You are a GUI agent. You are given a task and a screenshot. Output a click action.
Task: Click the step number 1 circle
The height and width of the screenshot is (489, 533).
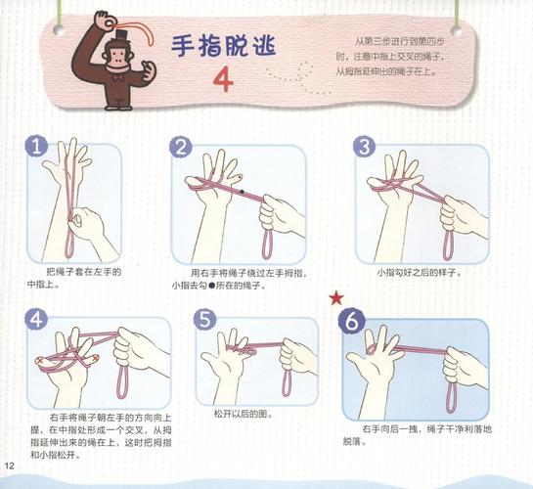(38, 148)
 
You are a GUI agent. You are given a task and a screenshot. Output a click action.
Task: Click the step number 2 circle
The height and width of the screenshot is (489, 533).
(181, 148)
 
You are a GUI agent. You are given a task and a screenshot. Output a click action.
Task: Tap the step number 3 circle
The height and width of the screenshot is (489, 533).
(364, 148)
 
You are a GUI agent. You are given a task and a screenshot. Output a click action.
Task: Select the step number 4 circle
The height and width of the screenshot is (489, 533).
(37, 320)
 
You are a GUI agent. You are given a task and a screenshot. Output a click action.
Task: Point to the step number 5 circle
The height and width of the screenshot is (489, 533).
(204, 320)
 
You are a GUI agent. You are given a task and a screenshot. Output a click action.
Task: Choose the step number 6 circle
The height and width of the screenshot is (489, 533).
(353, 320)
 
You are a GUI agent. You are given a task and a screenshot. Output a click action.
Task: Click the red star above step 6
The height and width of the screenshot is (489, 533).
(336, 296)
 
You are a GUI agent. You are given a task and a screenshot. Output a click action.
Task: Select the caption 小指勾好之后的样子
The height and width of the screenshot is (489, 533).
(420, 272)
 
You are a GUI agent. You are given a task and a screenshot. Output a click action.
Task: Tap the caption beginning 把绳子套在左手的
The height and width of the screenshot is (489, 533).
(82, 271)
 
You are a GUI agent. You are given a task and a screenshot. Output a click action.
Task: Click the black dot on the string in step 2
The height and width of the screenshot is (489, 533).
(243, 193)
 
